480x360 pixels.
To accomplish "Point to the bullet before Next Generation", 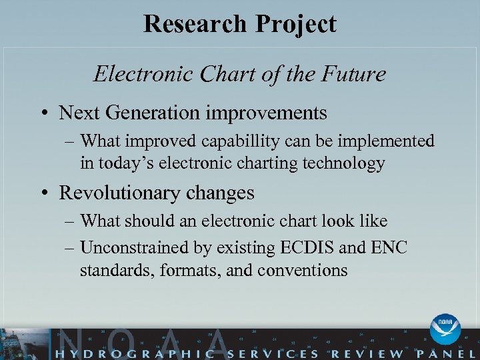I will (x=45, y=113).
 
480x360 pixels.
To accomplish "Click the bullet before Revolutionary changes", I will (x=45, y=193).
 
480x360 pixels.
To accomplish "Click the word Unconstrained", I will (x=131, y=248).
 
